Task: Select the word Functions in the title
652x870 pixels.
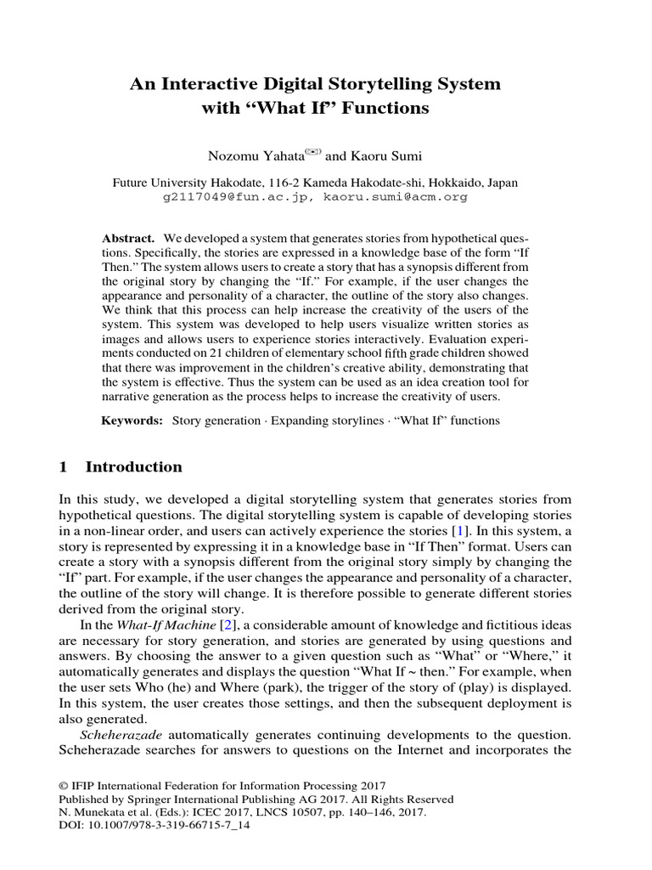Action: [x=380, y=109]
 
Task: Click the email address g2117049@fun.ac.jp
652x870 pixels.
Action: [x=233, y=196]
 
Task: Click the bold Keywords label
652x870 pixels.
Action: [x=132, y=421]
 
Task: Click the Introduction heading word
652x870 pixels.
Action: [x=133, y=467]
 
